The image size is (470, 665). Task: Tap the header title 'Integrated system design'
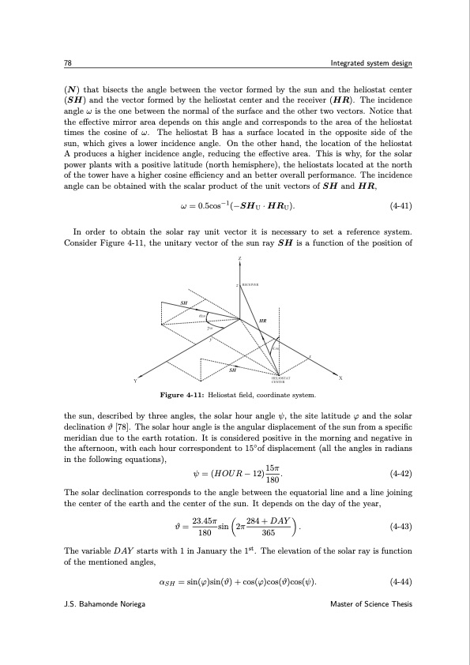370,63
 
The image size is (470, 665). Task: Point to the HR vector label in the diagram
262,321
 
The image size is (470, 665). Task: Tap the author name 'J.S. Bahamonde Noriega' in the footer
109,626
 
